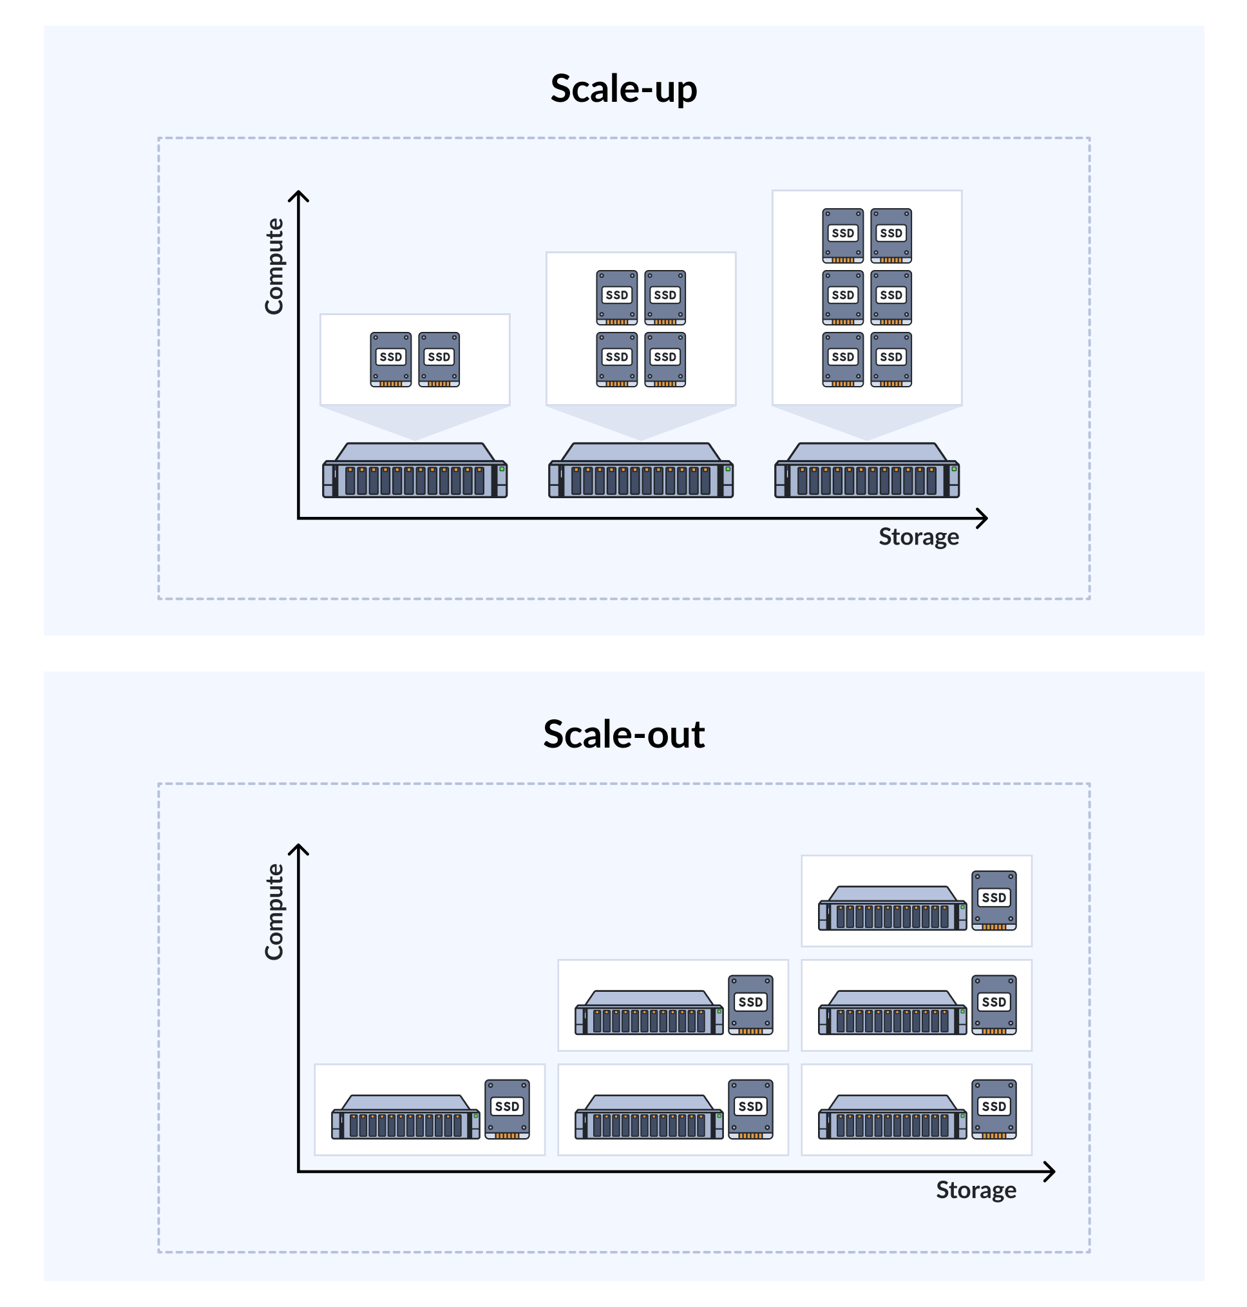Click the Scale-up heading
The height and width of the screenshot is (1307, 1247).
[623, 88]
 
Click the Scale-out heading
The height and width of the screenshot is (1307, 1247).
[623, 733]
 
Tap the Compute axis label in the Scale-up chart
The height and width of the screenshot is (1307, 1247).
[274, 266]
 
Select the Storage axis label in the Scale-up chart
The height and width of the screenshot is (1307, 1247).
[918, 537]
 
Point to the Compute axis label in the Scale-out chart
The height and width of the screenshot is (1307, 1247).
[274, 911]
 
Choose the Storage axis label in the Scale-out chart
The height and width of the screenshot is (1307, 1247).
[975, 1190]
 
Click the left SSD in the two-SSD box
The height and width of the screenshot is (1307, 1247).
[391, 359]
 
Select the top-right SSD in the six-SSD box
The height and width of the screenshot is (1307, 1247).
[891, 235]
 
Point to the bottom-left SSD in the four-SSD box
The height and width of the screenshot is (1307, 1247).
[617, 359]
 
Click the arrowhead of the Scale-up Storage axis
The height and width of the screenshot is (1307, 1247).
[983, 518]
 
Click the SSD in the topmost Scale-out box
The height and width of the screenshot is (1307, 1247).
[994, 900]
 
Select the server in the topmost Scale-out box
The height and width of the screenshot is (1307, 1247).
[892, 908]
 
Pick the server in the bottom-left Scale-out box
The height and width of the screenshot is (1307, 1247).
[406, 1118]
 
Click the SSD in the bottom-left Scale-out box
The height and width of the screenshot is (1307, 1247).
[507, 1109]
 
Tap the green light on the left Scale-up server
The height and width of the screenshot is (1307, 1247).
[502, 469]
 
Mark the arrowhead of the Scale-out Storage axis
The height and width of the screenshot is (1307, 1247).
[1051, 1172]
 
